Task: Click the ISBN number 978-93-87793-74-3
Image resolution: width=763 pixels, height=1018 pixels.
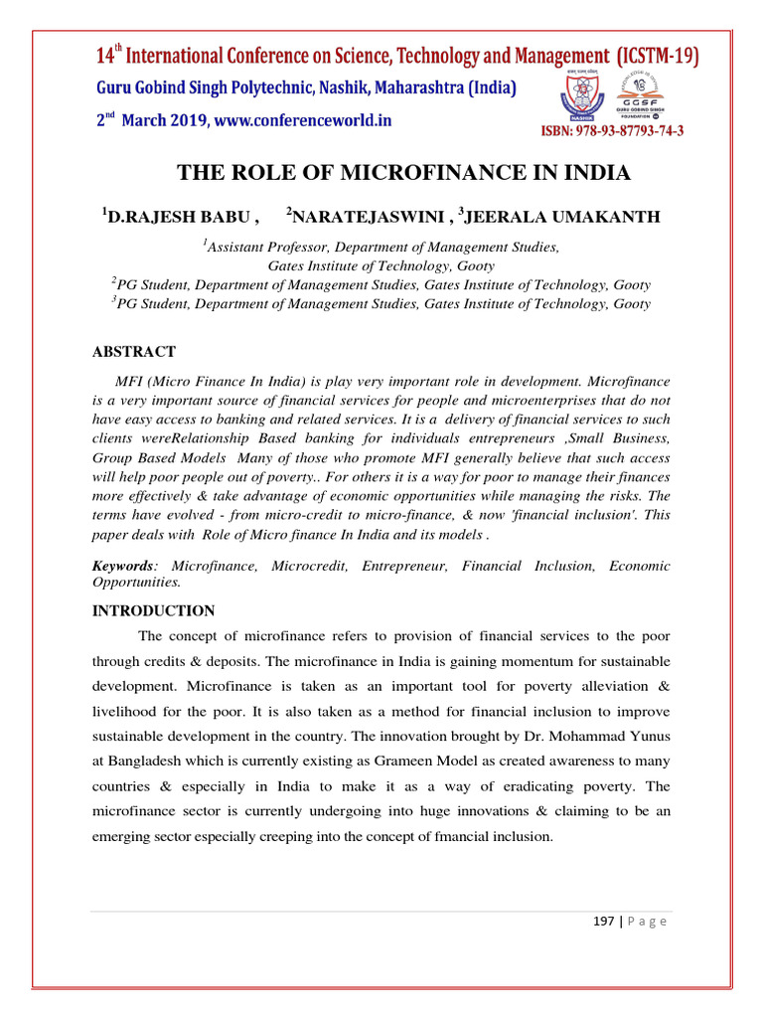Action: point(612,131)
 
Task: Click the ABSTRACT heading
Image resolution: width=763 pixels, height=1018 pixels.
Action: point(134,352)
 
